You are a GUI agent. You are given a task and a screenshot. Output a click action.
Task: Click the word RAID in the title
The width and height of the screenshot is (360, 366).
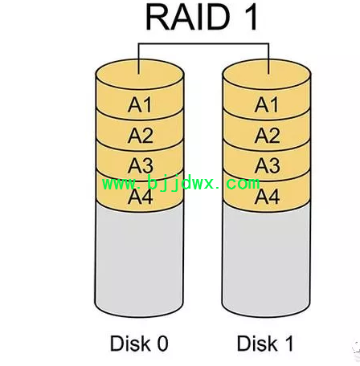tap(188, 17)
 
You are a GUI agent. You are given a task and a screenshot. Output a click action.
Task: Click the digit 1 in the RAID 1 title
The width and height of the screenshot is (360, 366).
tap(251, 17)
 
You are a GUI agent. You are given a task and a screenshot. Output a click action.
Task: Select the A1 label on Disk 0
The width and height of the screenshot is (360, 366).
tap(140, 104)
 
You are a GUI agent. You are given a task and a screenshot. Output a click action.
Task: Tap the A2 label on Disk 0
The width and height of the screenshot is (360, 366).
tap(141, 136)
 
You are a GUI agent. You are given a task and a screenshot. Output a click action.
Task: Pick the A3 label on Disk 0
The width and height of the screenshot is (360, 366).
tap(141, 166)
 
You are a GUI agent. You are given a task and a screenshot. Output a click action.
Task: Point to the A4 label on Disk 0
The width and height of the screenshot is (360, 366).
tap(141, 197)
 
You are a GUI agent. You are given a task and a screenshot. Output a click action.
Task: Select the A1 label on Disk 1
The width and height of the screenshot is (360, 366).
tap(266, 104)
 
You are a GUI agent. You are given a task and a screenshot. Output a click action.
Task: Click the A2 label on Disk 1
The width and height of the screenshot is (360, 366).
tap(268, 136)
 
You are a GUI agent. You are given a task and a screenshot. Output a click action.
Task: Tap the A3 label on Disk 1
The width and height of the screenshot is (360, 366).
tap(268, 166)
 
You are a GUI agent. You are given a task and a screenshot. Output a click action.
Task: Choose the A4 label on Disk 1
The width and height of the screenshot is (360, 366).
tap(267, 197)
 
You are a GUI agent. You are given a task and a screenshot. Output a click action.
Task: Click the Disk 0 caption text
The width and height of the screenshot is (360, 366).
tap(139, 344)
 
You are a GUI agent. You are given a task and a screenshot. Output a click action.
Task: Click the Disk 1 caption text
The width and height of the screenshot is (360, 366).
tap(265, 344)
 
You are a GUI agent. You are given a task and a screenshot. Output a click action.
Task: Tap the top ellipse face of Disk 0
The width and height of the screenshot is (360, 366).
tap(140, 75)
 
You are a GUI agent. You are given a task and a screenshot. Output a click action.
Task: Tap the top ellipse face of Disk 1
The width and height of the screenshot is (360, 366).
tap(267, 75)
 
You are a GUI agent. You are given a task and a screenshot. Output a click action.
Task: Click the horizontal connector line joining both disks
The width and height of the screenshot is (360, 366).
tap(203, 43)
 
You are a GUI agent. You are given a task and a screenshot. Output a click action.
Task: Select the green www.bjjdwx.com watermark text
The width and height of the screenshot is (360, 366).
tap(181, 184)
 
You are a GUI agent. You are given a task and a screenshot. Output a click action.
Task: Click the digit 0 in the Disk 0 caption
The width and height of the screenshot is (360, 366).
tap(163, 344)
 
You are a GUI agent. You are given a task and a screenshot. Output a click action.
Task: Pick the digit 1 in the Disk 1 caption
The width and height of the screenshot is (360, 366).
tap(289, 344)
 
